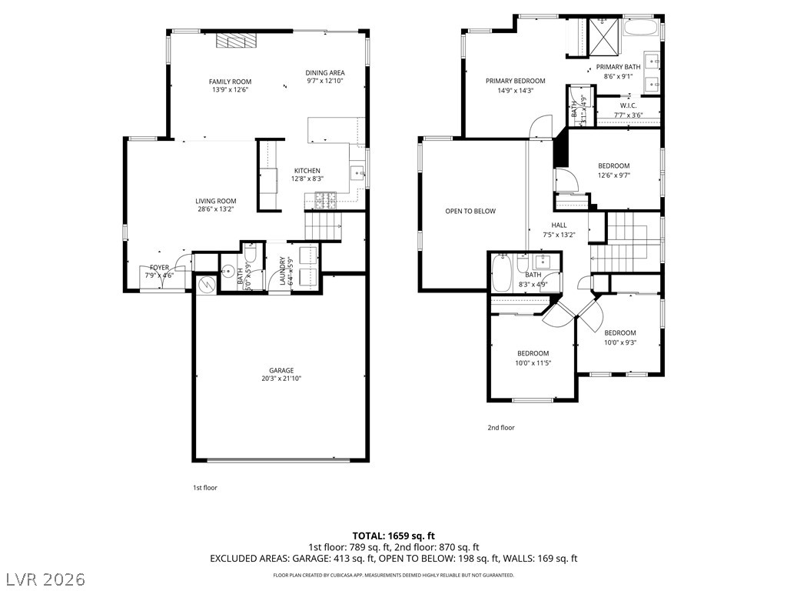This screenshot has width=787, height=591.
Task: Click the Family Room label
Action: (230, 82)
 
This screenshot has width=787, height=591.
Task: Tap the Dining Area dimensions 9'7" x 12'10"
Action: (324, 81)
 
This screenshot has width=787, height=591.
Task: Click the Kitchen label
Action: (307, 171)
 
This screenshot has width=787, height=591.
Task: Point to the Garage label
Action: (281, 370)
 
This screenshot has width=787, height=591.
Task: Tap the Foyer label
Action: (159, 267)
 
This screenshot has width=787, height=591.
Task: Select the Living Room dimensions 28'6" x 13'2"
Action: (215, 209)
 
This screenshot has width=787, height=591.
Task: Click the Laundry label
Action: (283, 271)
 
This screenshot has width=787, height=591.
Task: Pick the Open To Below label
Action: (470, 211)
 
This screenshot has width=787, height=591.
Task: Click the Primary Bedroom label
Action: (515, 81)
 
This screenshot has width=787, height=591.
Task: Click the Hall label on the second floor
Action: (559, 225)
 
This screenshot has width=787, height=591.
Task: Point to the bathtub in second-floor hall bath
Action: (502, 274)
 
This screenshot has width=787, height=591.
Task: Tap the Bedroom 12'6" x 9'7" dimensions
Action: (614, 175)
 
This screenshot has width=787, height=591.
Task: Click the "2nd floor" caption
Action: (500, 428)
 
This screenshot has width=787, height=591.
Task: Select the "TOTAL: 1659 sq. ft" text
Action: (393, 536)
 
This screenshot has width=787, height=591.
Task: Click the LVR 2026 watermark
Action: (45, 578)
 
